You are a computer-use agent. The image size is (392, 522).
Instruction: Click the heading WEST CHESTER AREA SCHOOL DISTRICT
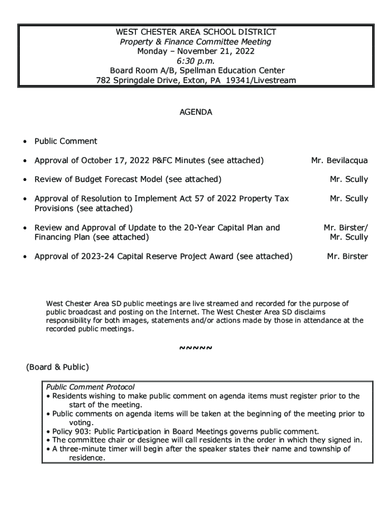pos(196,32)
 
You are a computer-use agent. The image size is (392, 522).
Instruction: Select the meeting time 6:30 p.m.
pos(196,61)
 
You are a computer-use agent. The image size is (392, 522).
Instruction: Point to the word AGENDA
pos(196,112)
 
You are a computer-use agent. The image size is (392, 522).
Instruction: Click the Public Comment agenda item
pos(66,141)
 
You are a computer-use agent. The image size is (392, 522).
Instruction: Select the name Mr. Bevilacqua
pos(340,161)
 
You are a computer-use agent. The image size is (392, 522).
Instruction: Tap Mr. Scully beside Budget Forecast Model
pos(349,179)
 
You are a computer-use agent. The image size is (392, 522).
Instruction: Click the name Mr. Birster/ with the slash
pos(346,228)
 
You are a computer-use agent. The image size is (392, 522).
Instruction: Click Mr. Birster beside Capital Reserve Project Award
pos(347,256)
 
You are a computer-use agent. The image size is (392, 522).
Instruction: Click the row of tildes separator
pos(196,348)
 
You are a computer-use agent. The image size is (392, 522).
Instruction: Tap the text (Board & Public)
pos(58,367)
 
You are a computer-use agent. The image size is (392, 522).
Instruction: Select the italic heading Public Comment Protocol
pos(90,387)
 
